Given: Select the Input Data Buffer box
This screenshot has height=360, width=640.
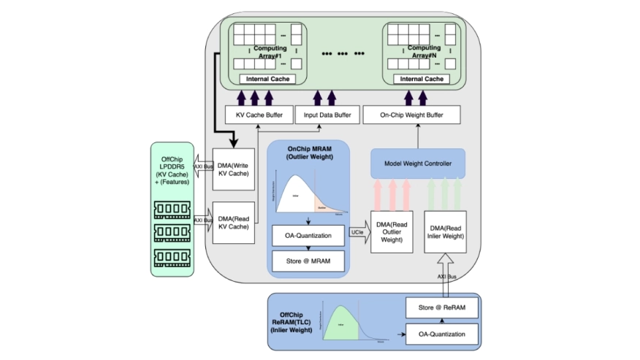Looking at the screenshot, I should point(327,115).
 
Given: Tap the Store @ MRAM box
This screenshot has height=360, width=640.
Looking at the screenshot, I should point(308,261).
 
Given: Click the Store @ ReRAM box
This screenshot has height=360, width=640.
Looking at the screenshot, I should point(441,308).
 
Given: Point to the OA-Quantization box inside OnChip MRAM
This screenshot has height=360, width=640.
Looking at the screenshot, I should point(308,236).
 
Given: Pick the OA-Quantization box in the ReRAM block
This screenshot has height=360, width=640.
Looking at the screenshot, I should point(441,334).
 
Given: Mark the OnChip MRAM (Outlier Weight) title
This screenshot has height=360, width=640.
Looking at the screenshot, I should point(309,152).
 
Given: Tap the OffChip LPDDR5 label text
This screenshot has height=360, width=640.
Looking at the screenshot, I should point(172,167).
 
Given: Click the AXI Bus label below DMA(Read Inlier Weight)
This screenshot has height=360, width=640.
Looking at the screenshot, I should point(447,277).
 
